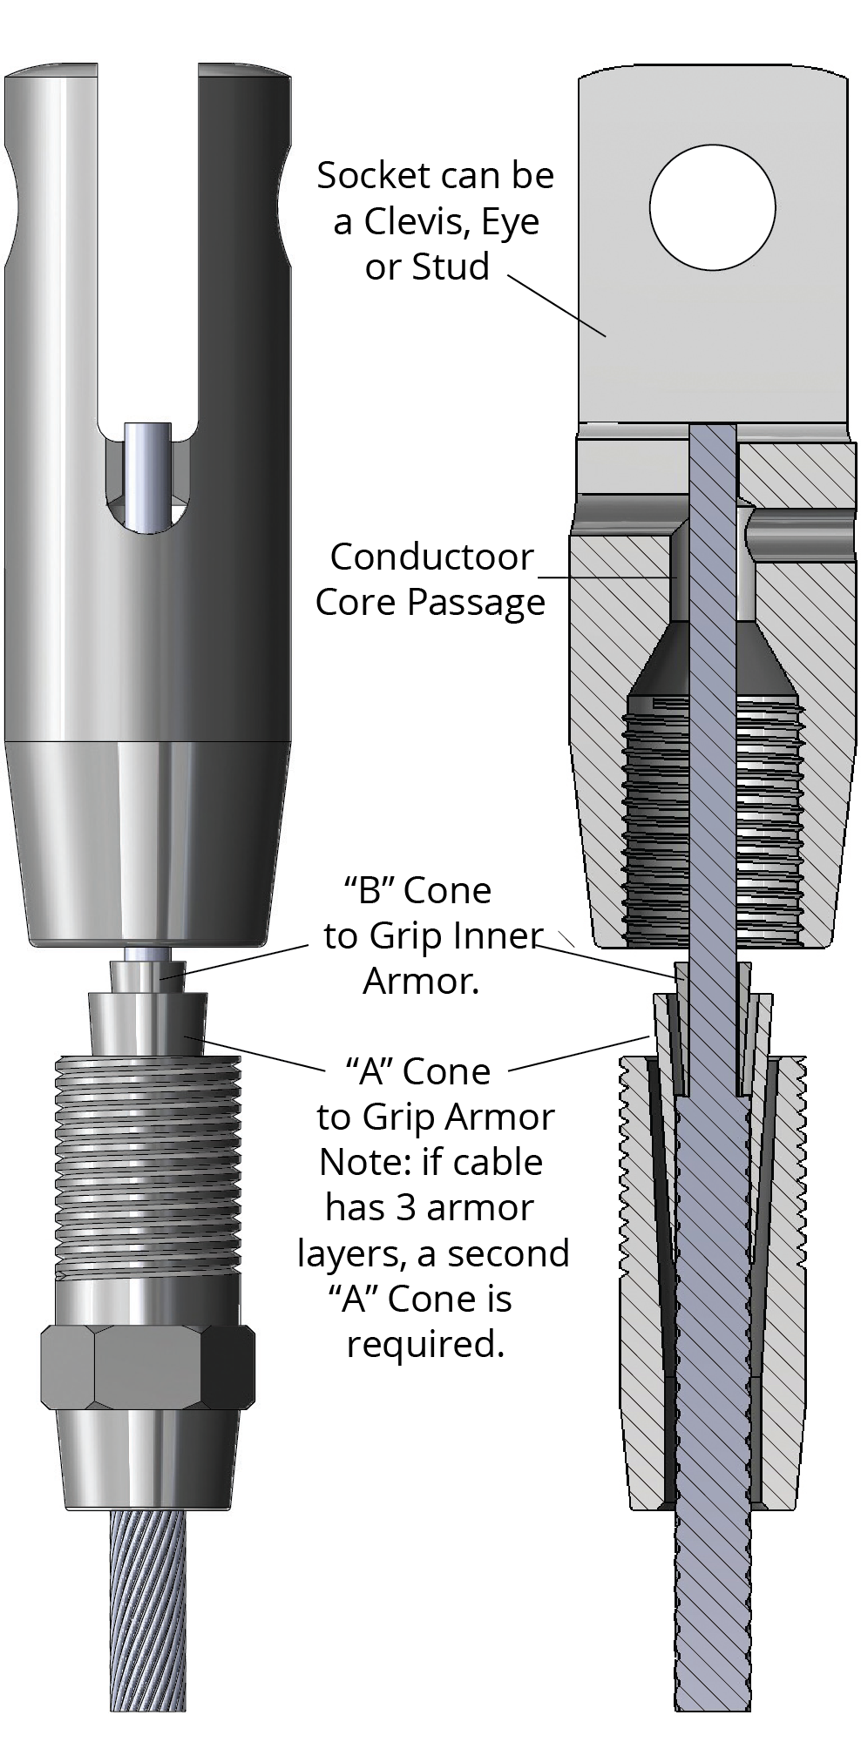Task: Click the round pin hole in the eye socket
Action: click(x=712, y=207)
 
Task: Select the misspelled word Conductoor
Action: click(x=431, y=557)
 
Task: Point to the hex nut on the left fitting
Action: click(x=148, y=1367)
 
